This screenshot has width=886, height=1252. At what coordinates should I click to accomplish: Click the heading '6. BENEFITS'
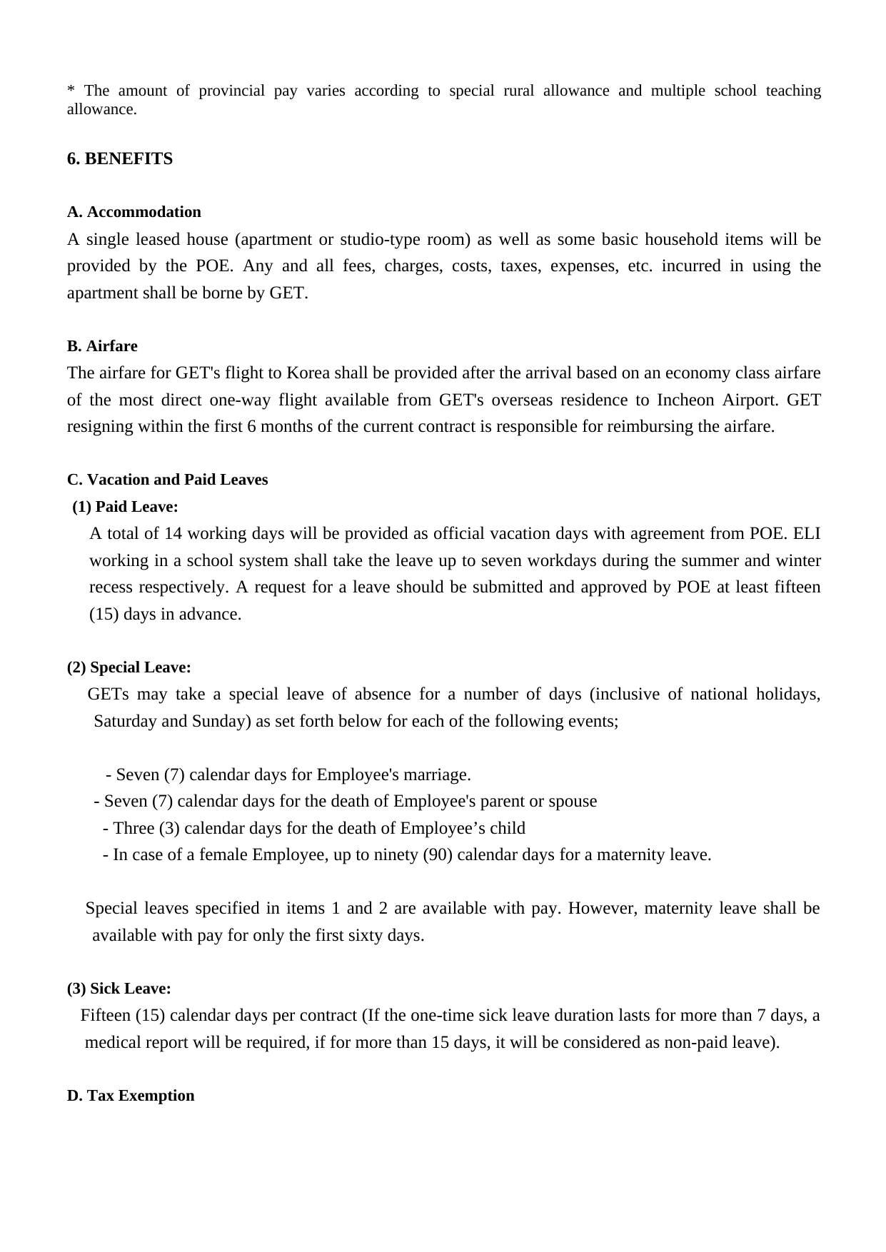(119, 158)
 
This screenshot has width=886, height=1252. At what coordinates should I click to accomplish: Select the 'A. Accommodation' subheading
(134, 212)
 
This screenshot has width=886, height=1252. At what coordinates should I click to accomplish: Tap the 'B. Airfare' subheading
(102, 346)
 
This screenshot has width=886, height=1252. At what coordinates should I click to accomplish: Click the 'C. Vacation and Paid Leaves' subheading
(167, 480)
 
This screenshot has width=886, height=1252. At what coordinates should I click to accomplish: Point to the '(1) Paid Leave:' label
(125, 507)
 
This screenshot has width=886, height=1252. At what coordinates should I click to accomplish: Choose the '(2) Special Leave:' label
(129, 667)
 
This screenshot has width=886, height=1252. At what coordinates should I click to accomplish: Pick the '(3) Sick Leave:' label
(119, 989)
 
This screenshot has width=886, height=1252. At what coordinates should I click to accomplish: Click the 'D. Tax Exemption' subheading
(130, 1096)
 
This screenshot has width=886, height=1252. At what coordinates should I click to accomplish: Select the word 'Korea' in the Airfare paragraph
(308, 373)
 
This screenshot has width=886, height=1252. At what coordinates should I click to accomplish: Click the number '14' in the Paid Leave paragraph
(173, 534)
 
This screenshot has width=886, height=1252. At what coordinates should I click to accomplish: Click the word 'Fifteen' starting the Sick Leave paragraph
(105, 1016)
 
